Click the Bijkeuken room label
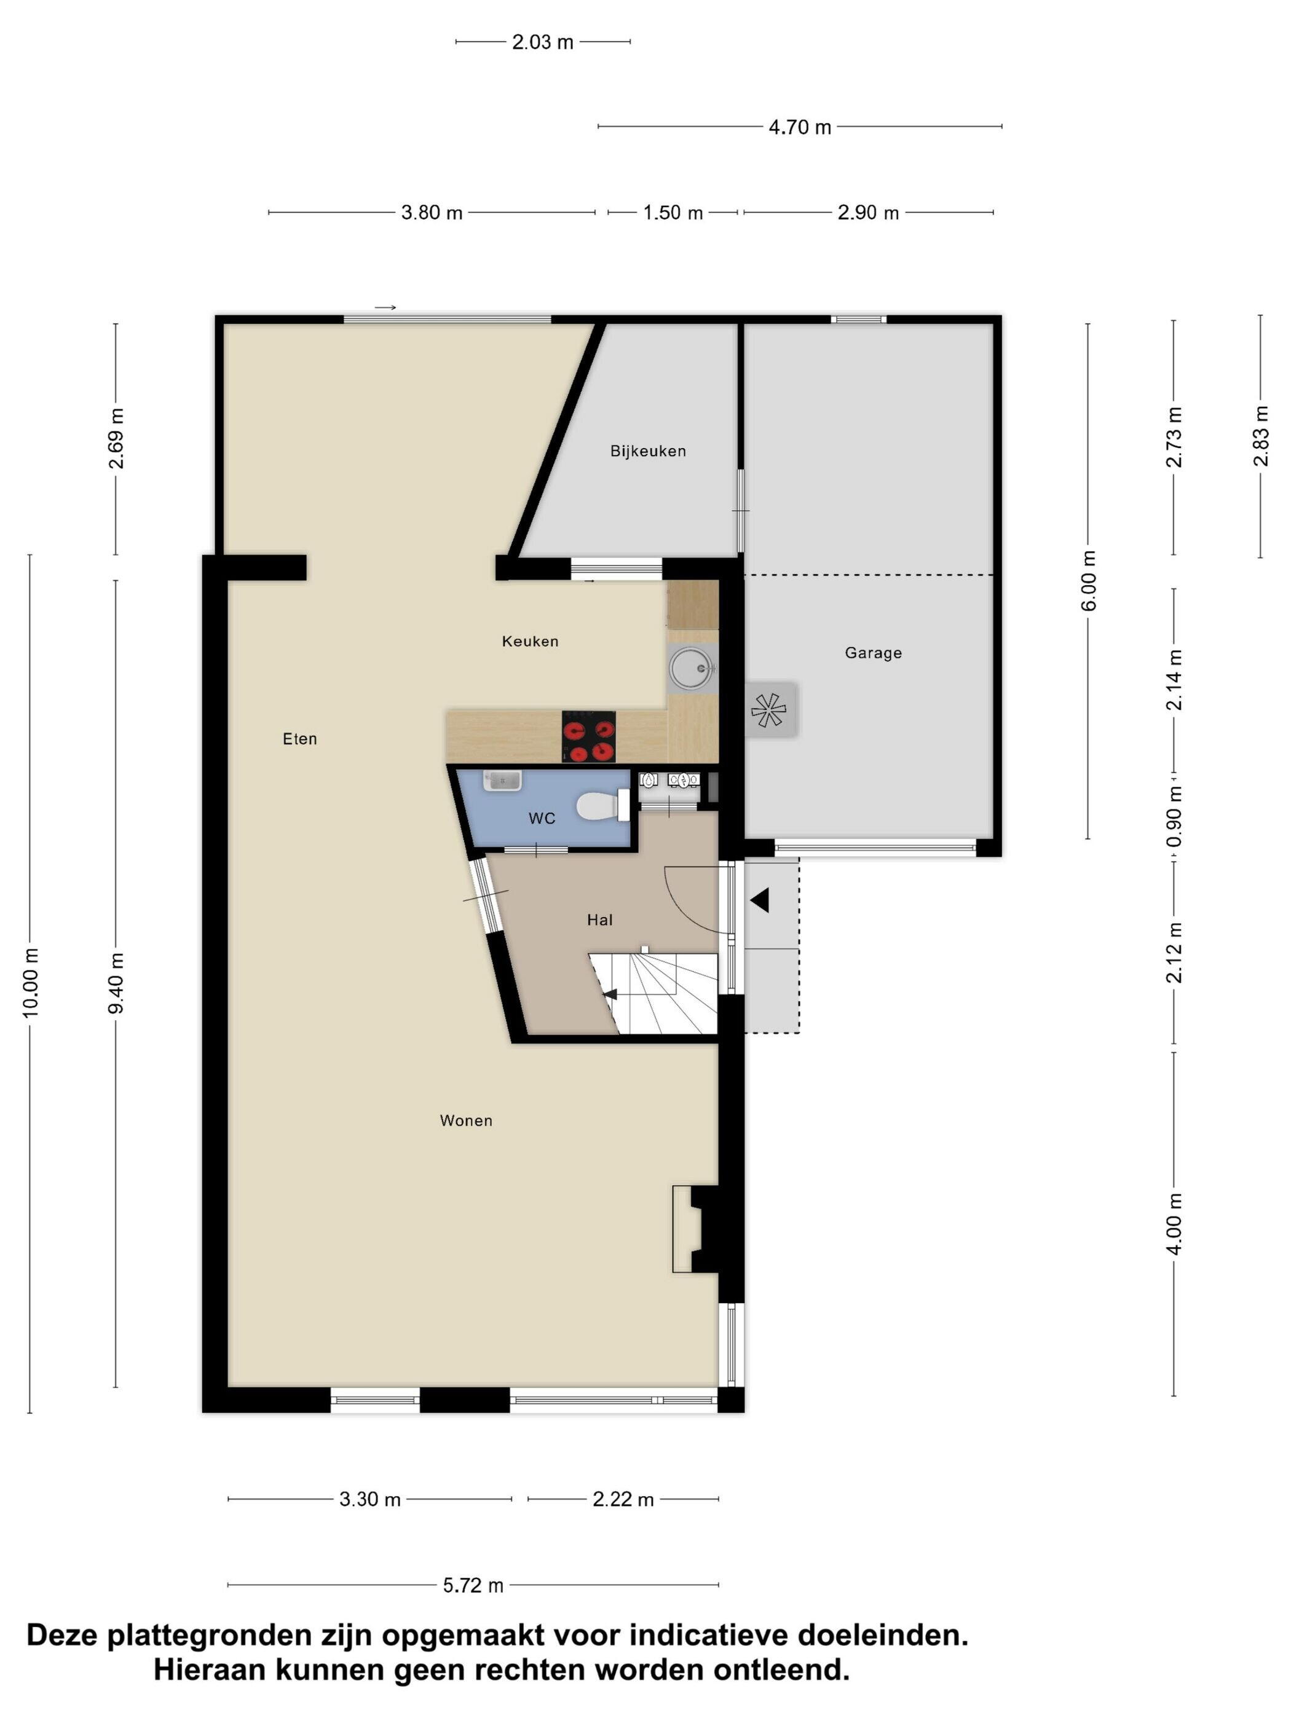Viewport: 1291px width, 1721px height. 647,451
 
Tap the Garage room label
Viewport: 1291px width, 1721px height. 873,653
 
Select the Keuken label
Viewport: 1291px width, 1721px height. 530,641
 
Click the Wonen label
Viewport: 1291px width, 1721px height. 466,1120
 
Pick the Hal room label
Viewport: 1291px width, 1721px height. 599,920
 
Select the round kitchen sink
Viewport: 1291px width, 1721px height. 691,668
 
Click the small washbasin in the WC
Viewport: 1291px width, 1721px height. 502,779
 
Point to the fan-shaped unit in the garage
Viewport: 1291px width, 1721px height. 769,709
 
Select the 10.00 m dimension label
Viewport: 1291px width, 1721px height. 30,983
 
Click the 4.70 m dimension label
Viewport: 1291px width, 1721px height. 800,127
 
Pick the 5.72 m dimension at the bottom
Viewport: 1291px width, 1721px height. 473,1585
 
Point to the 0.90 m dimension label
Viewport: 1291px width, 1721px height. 1174,816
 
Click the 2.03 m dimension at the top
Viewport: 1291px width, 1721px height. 542,42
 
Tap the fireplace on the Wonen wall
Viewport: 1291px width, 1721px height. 695,1229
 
